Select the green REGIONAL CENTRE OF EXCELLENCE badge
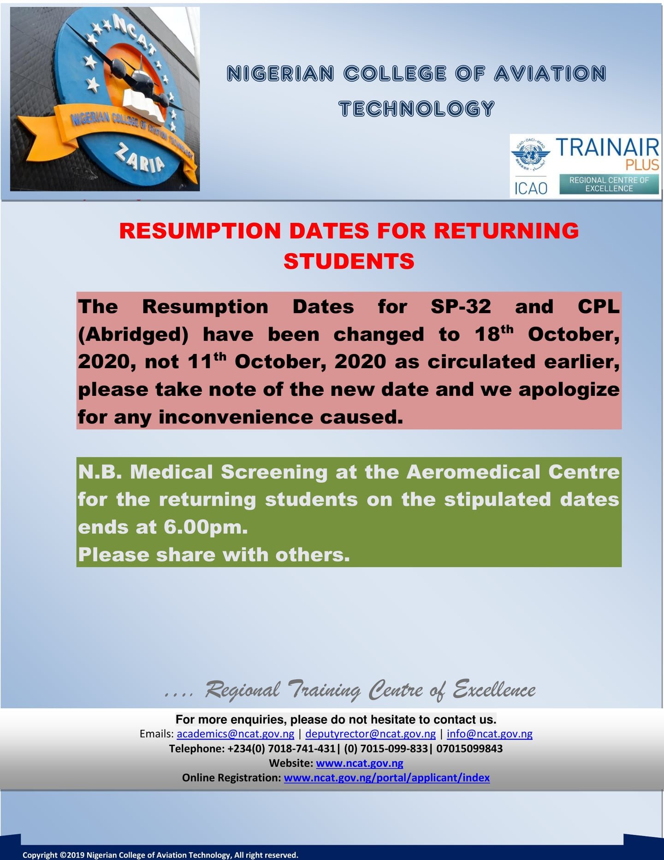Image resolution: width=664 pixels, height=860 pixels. coord(609,185)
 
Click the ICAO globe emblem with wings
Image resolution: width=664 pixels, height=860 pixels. coord(530,155)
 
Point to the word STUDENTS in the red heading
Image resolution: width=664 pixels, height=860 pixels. coord(349,262)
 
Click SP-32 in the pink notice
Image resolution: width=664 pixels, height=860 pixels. coord(461,307)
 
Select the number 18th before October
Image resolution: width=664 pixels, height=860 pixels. coord(493,334)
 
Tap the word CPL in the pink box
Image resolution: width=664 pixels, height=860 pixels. coord(598,307)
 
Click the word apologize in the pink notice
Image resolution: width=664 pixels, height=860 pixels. coord(569,389)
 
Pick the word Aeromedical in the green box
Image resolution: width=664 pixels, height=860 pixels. coord(473,472)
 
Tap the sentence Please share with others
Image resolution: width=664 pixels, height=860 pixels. coord(214,555)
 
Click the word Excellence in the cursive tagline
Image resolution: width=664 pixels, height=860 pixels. coord(494,690)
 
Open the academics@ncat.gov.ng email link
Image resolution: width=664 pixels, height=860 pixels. coord(235,734)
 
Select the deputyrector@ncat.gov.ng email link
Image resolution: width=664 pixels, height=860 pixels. coord(370,734)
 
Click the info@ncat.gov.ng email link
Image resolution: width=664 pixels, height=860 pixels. coord(489,734)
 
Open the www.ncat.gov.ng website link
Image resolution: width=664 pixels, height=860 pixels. coord(359,763)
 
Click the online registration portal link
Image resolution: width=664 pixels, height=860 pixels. coord(386,778)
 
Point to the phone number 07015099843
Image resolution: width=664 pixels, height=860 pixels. coord(469,748)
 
